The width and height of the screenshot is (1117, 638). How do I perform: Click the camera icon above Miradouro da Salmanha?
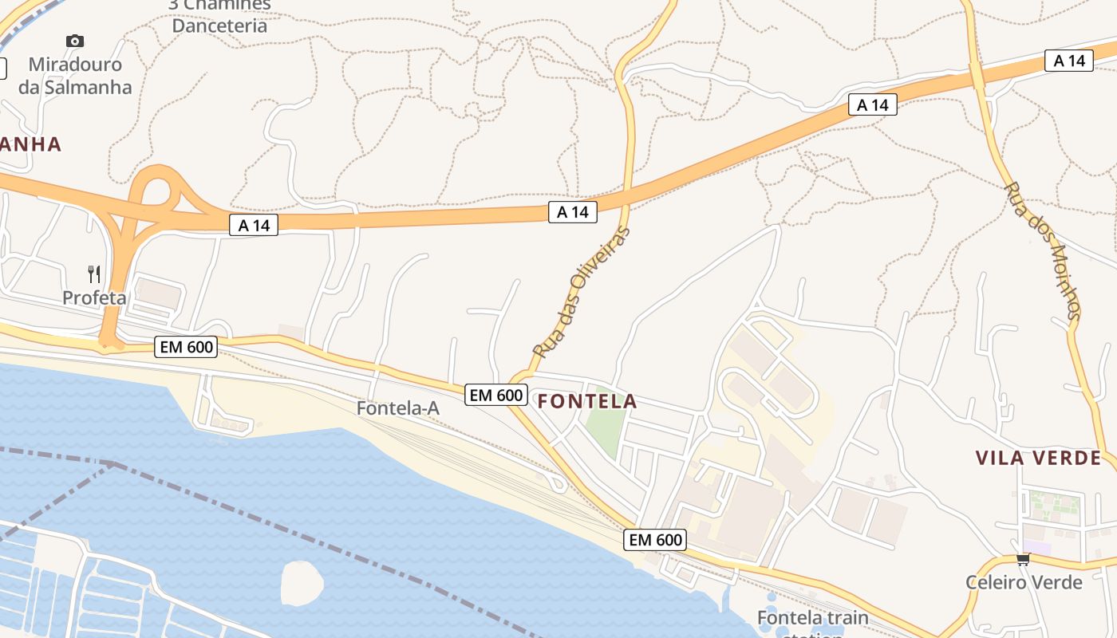pos(75,41)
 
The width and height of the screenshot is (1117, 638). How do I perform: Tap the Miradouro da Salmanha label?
pos(75,76)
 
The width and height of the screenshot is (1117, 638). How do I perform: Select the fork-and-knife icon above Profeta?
pos(94,274)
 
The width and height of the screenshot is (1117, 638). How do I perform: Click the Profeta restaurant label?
pos(94,297)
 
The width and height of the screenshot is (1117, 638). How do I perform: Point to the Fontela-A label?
pos(397,408)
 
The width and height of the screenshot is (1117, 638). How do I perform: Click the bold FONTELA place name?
pos(587,401)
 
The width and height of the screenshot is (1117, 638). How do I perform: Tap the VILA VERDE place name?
pos(1038,458)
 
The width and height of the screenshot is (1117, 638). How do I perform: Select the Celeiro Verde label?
pos(1024,582)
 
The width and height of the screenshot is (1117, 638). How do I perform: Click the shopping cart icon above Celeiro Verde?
pos(1024,559)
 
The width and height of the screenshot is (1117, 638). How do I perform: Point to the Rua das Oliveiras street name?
pos(581,292)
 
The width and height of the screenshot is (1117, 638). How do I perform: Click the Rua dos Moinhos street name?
pos(1043,251)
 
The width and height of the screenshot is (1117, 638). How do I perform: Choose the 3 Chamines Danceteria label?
pos(219,15)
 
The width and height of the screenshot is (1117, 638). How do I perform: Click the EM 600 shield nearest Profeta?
pos(185,347)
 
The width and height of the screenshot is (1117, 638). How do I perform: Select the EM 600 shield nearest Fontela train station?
pos(655,540)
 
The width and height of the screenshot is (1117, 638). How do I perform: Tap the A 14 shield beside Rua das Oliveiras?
pos(572,212)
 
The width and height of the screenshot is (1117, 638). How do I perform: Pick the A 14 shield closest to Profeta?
pos(254,226)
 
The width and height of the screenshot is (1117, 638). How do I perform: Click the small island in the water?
pos(302,582)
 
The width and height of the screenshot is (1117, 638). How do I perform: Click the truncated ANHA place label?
pos(30,144)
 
